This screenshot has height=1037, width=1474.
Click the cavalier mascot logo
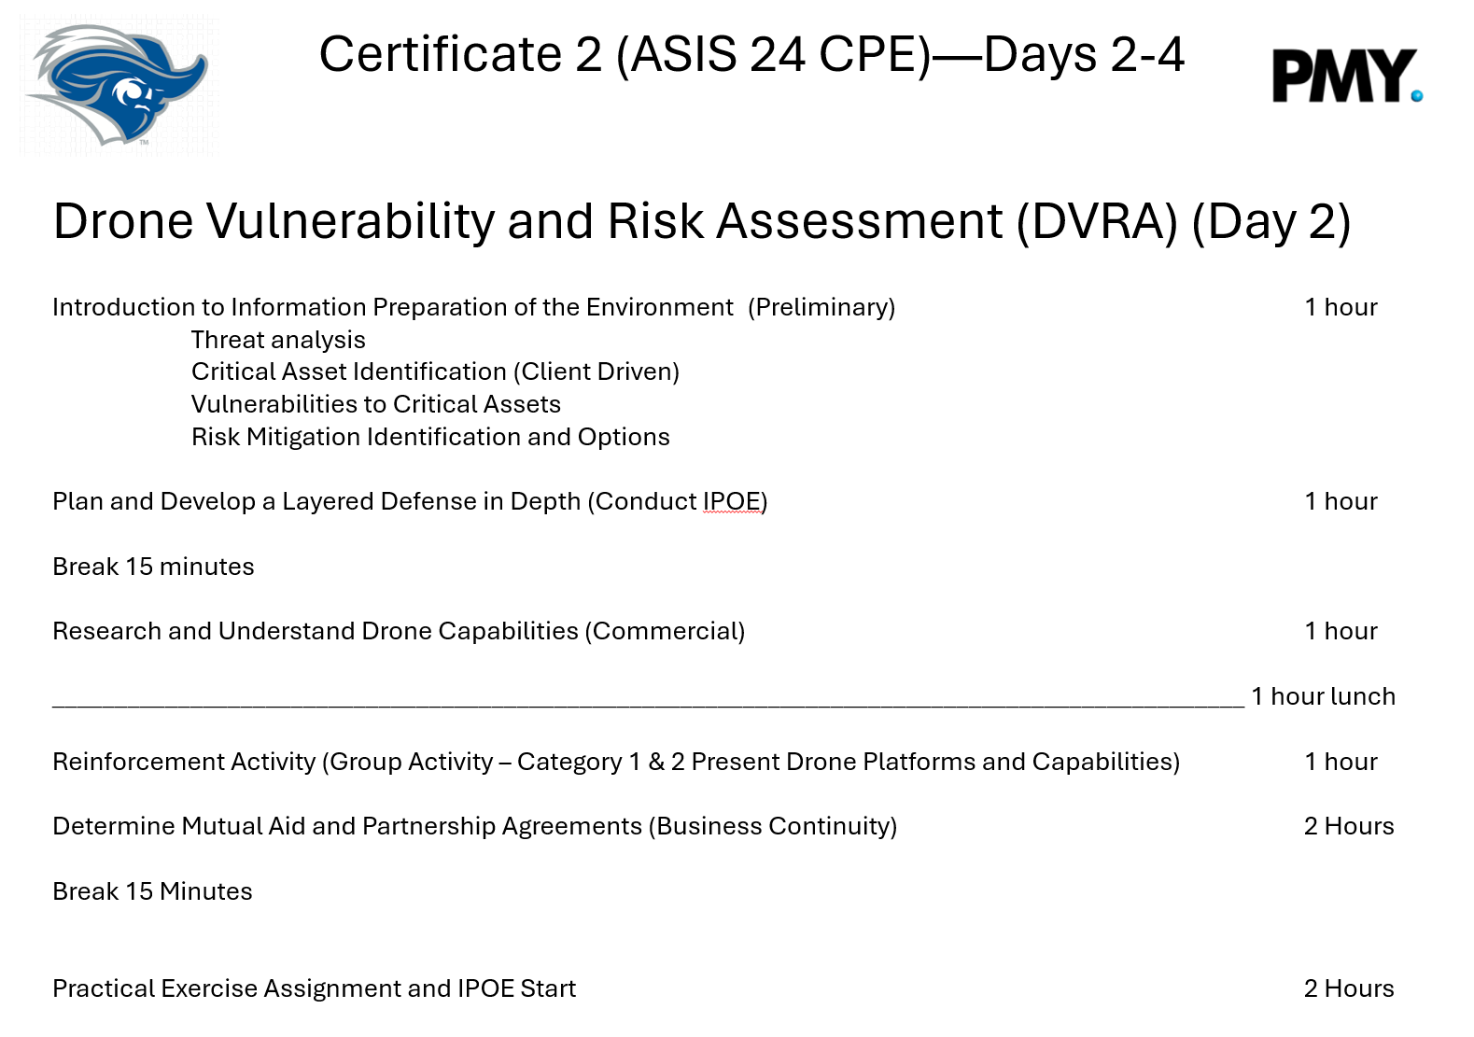(x=117, y=84)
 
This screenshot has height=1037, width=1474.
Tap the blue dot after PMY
(x=1417, y=96)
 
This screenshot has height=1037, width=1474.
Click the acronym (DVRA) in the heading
(x=1097, y=221)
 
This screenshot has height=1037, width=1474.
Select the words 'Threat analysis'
(x=277, y=340)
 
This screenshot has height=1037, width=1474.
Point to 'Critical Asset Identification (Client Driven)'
(x=435, y=371)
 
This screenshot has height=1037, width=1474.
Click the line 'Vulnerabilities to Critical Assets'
(x=376, y=404)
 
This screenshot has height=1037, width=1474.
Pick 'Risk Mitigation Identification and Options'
(x=430, y=437)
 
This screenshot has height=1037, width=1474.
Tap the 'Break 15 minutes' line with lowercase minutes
(x=153, y=567)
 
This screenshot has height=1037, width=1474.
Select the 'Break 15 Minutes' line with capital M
(x=153, y=891)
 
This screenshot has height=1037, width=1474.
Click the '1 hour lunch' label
(x=1323, y=696)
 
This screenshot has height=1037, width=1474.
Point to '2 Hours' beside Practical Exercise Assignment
(x=1349, y=988)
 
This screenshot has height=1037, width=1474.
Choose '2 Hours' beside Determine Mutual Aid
(x=1349, y=826)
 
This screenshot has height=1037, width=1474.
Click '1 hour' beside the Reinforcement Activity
(x=1341, y=762)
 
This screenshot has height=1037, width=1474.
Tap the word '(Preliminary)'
(x=821, y=307)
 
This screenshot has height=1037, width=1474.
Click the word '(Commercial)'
(x=665, y=632)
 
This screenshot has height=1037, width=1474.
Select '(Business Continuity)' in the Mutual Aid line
(x=773, y=826)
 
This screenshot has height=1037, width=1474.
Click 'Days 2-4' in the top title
(x=1084, y=54)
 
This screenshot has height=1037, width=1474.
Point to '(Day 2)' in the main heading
(x=1270, y=221)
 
